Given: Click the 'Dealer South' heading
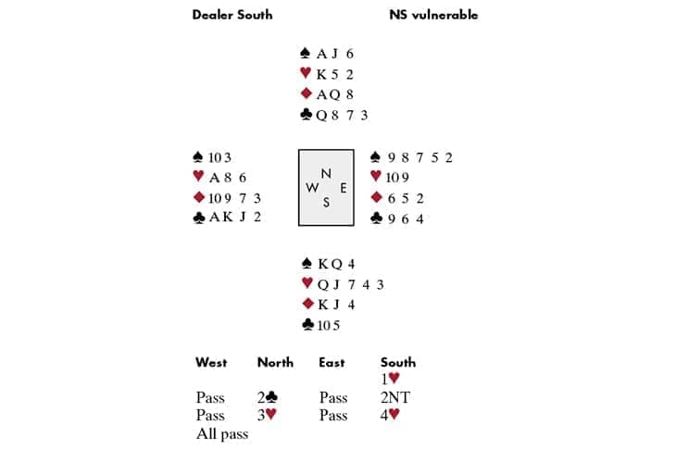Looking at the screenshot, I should click(232, 15).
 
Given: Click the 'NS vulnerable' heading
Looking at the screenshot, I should click(433, 15).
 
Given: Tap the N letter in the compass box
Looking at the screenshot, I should click(325, 173).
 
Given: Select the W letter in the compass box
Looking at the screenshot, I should click(311, 188).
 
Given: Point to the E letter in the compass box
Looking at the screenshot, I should click(343, 188).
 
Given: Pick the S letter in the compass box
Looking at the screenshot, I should click(326, 203).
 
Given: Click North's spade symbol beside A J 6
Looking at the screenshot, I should click(307, 54).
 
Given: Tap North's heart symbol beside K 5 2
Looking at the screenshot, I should click(307, 74).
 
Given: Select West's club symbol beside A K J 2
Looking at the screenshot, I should click(198, 218).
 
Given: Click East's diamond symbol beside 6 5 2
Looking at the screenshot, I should click(375, 197).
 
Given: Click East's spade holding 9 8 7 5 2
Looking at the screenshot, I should click(419, 157).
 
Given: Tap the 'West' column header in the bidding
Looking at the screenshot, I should click(212, 362).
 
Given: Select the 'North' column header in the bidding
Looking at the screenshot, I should click(275, 362).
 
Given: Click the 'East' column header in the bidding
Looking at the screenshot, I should click(332, 362).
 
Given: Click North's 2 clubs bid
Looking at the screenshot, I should click(269, 397).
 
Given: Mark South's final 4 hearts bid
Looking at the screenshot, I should click(390, 415).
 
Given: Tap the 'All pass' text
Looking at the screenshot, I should click(222, 433).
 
